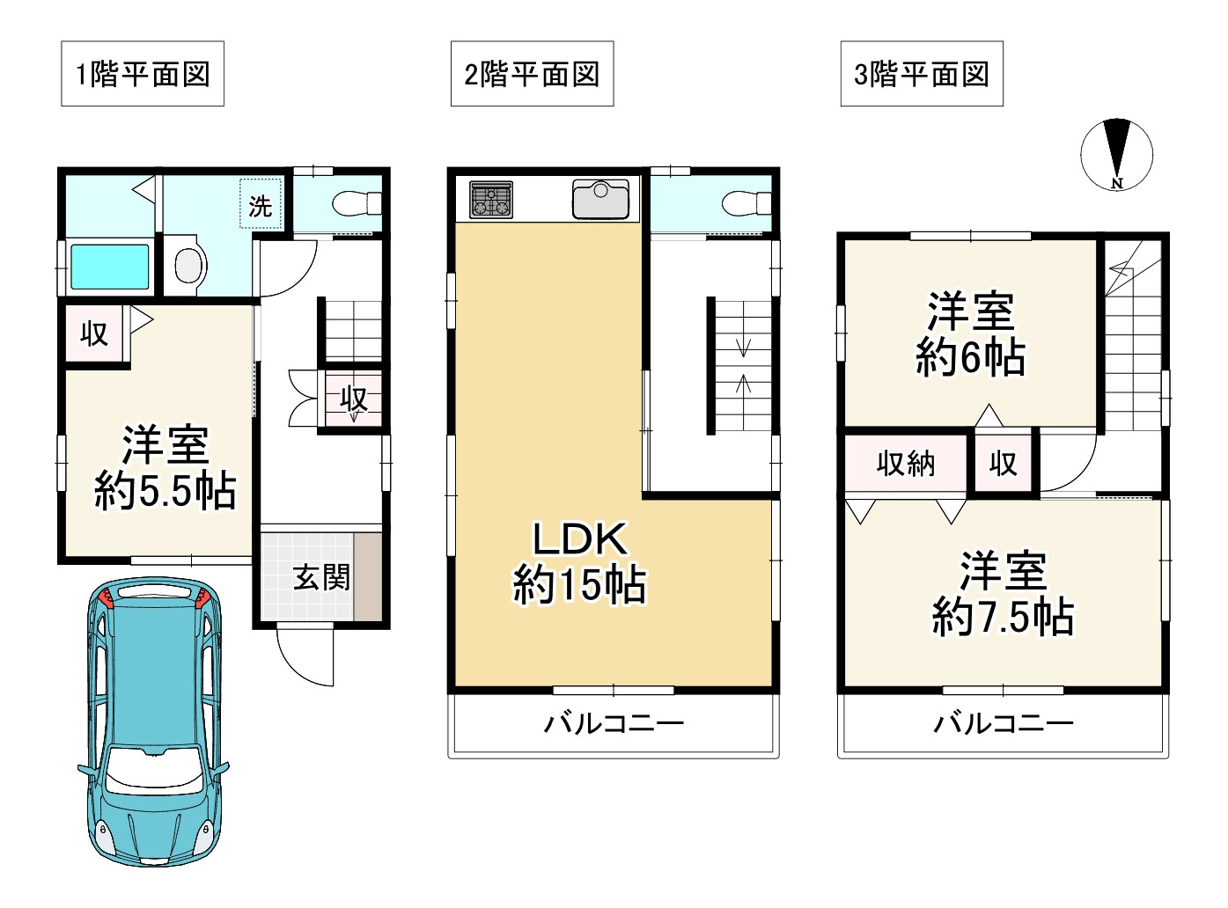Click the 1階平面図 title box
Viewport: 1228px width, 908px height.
tap(143, 74)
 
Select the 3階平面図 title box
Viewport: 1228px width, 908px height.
tap(922, 74)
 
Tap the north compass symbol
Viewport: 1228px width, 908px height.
tap(1117, 155)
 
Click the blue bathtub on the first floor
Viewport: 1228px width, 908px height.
tap(110, 267)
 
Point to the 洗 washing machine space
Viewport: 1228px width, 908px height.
tap(261, 203)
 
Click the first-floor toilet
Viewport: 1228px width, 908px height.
tap(357, 203)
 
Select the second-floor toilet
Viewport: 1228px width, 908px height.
tap(746, 203)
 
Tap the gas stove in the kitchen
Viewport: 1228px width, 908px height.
tap(491, 199)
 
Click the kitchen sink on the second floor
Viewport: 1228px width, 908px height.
tap(600, 199)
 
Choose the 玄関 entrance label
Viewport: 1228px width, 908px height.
tap(321, 577)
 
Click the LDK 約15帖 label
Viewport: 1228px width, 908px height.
tap(580, 561)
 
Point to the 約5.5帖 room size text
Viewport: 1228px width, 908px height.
tap(165, 490)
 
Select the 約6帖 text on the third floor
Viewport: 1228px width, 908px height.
tap(971, 357)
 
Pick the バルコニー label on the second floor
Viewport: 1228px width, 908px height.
tap(614, 723)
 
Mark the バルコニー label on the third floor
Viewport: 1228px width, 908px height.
tap(1004, 723)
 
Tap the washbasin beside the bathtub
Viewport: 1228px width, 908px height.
tap(188, 265)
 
